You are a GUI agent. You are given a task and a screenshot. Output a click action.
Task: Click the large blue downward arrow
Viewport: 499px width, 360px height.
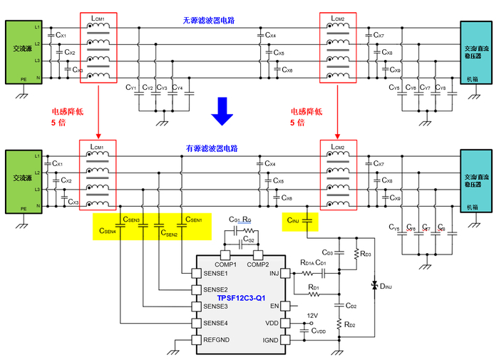click(x=223, y=109)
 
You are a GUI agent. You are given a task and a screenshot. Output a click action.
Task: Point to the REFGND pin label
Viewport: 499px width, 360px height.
click(x=217, y=340)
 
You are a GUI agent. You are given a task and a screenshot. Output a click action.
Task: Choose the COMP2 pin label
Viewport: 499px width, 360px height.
click(x=259, y=264)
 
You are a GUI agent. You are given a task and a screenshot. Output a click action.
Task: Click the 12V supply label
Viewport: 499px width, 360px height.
click(x=312, y=316)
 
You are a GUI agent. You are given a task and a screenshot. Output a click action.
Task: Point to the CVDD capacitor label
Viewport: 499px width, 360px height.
click(x=318, y=331)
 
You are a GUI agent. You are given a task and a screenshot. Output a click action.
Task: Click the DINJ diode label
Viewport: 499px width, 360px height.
click(x=386, y=287)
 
